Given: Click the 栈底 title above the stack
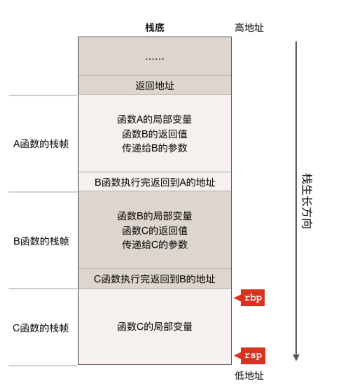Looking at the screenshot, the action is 155,28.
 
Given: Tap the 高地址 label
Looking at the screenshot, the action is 249,28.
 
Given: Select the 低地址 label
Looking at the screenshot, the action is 249,376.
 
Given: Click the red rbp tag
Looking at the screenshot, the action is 252,298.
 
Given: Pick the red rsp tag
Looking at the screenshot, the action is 253,355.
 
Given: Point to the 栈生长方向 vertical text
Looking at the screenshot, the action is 307,201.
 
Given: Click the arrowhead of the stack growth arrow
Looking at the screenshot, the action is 296,357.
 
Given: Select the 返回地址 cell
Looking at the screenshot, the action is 155,86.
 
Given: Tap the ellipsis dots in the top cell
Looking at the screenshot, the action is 155,58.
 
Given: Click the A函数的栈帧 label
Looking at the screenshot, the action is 41,144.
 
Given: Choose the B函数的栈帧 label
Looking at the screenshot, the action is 41,241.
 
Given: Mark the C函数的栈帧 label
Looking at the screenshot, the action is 41,328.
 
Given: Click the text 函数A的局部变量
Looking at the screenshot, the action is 155,119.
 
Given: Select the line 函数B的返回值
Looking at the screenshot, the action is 155,134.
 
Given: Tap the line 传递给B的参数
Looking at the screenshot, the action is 155,148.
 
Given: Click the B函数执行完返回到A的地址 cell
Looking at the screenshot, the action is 155,182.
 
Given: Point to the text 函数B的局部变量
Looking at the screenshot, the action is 155,216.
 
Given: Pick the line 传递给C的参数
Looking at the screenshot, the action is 155,245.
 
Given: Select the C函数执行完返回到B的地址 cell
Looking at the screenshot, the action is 155,279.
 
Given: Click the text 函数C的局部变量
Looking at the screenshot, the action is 155,327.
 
